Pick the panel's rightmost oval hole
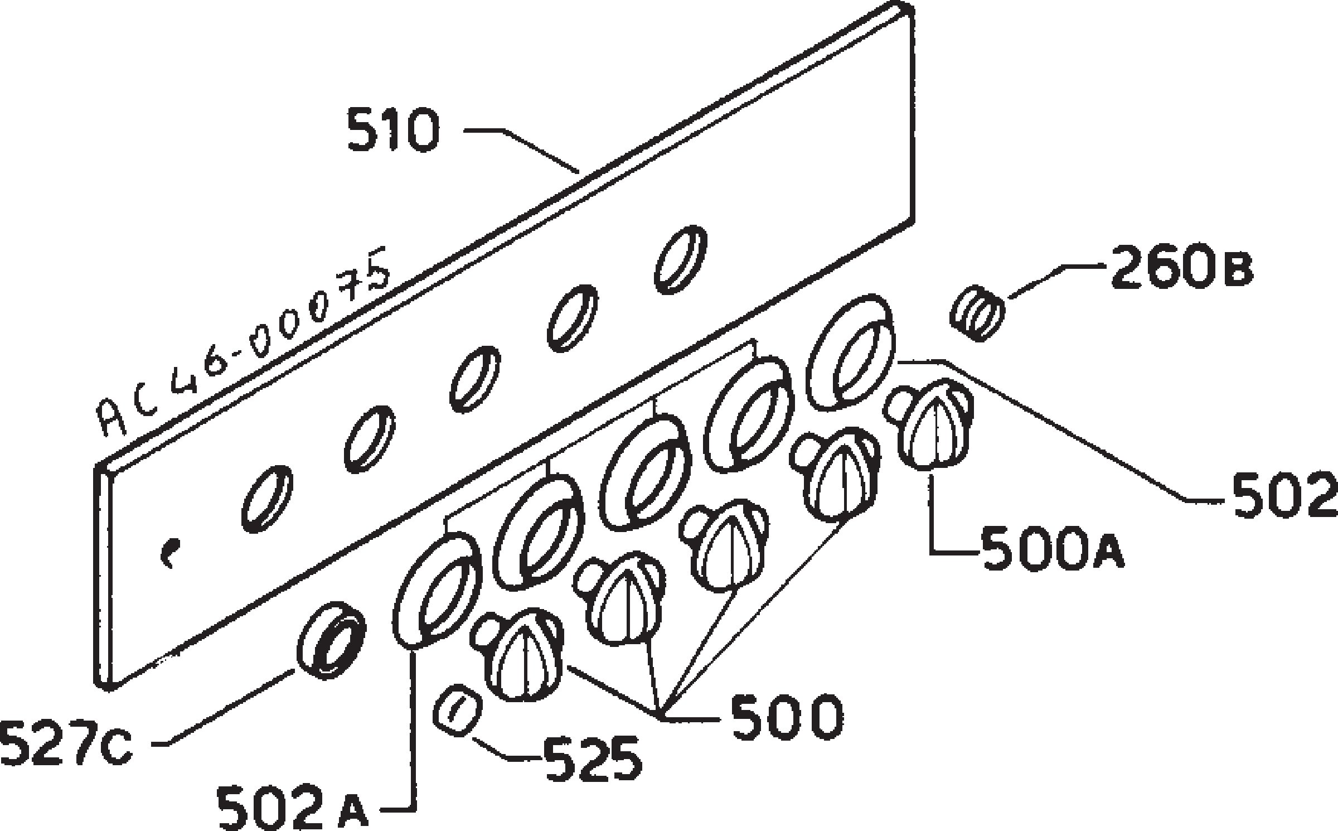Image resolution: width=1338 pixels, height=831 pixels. (680, 259)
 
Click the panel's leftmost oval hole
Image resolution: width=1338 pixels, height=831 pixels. (268, 499)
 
